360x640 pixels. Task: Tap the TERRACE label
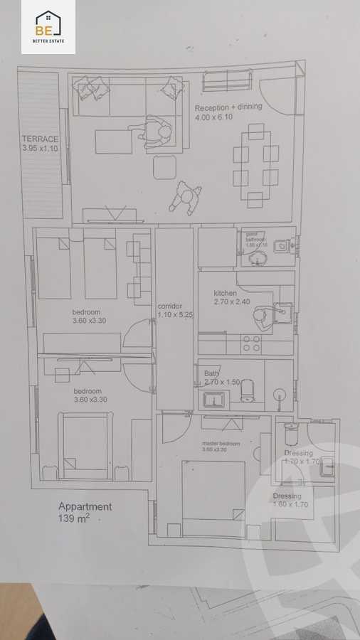pyautogui.click(x=40, y=139)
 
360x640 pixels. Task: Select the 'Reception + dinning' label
pyautogui.click(x=228, y=107)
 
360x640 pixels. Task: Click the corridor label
pyautogui.click(x=170, y=306)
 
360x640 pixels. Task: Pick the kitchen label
pyautogui.click(x=225, y=293)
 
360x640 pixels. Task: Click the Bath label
pyautogui.click(x=211, y=373)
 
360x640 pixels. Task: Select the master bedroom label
pyautogui.click(x=221, y=444)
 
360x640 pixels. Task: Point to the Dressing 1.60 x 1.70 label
pyautogui.click(x=292, y=501)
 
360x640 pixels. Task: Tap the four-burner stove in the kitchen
pyautogui.click(x=251, y=343)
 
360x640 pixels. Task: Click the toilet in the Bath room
pyautogui.click(x=248, y=390)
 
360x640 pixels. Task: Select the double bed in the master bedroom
pyautogui.click(x=214, y=498)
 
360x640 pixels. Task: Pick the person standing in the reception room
pyautogui.click(x=186, y=198)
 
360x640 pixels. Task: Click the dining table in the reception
pyautogui.click(x=256, y=166)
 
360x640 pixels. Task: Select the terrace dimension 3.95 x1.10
pyautogui.click(x=40, y=149)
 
